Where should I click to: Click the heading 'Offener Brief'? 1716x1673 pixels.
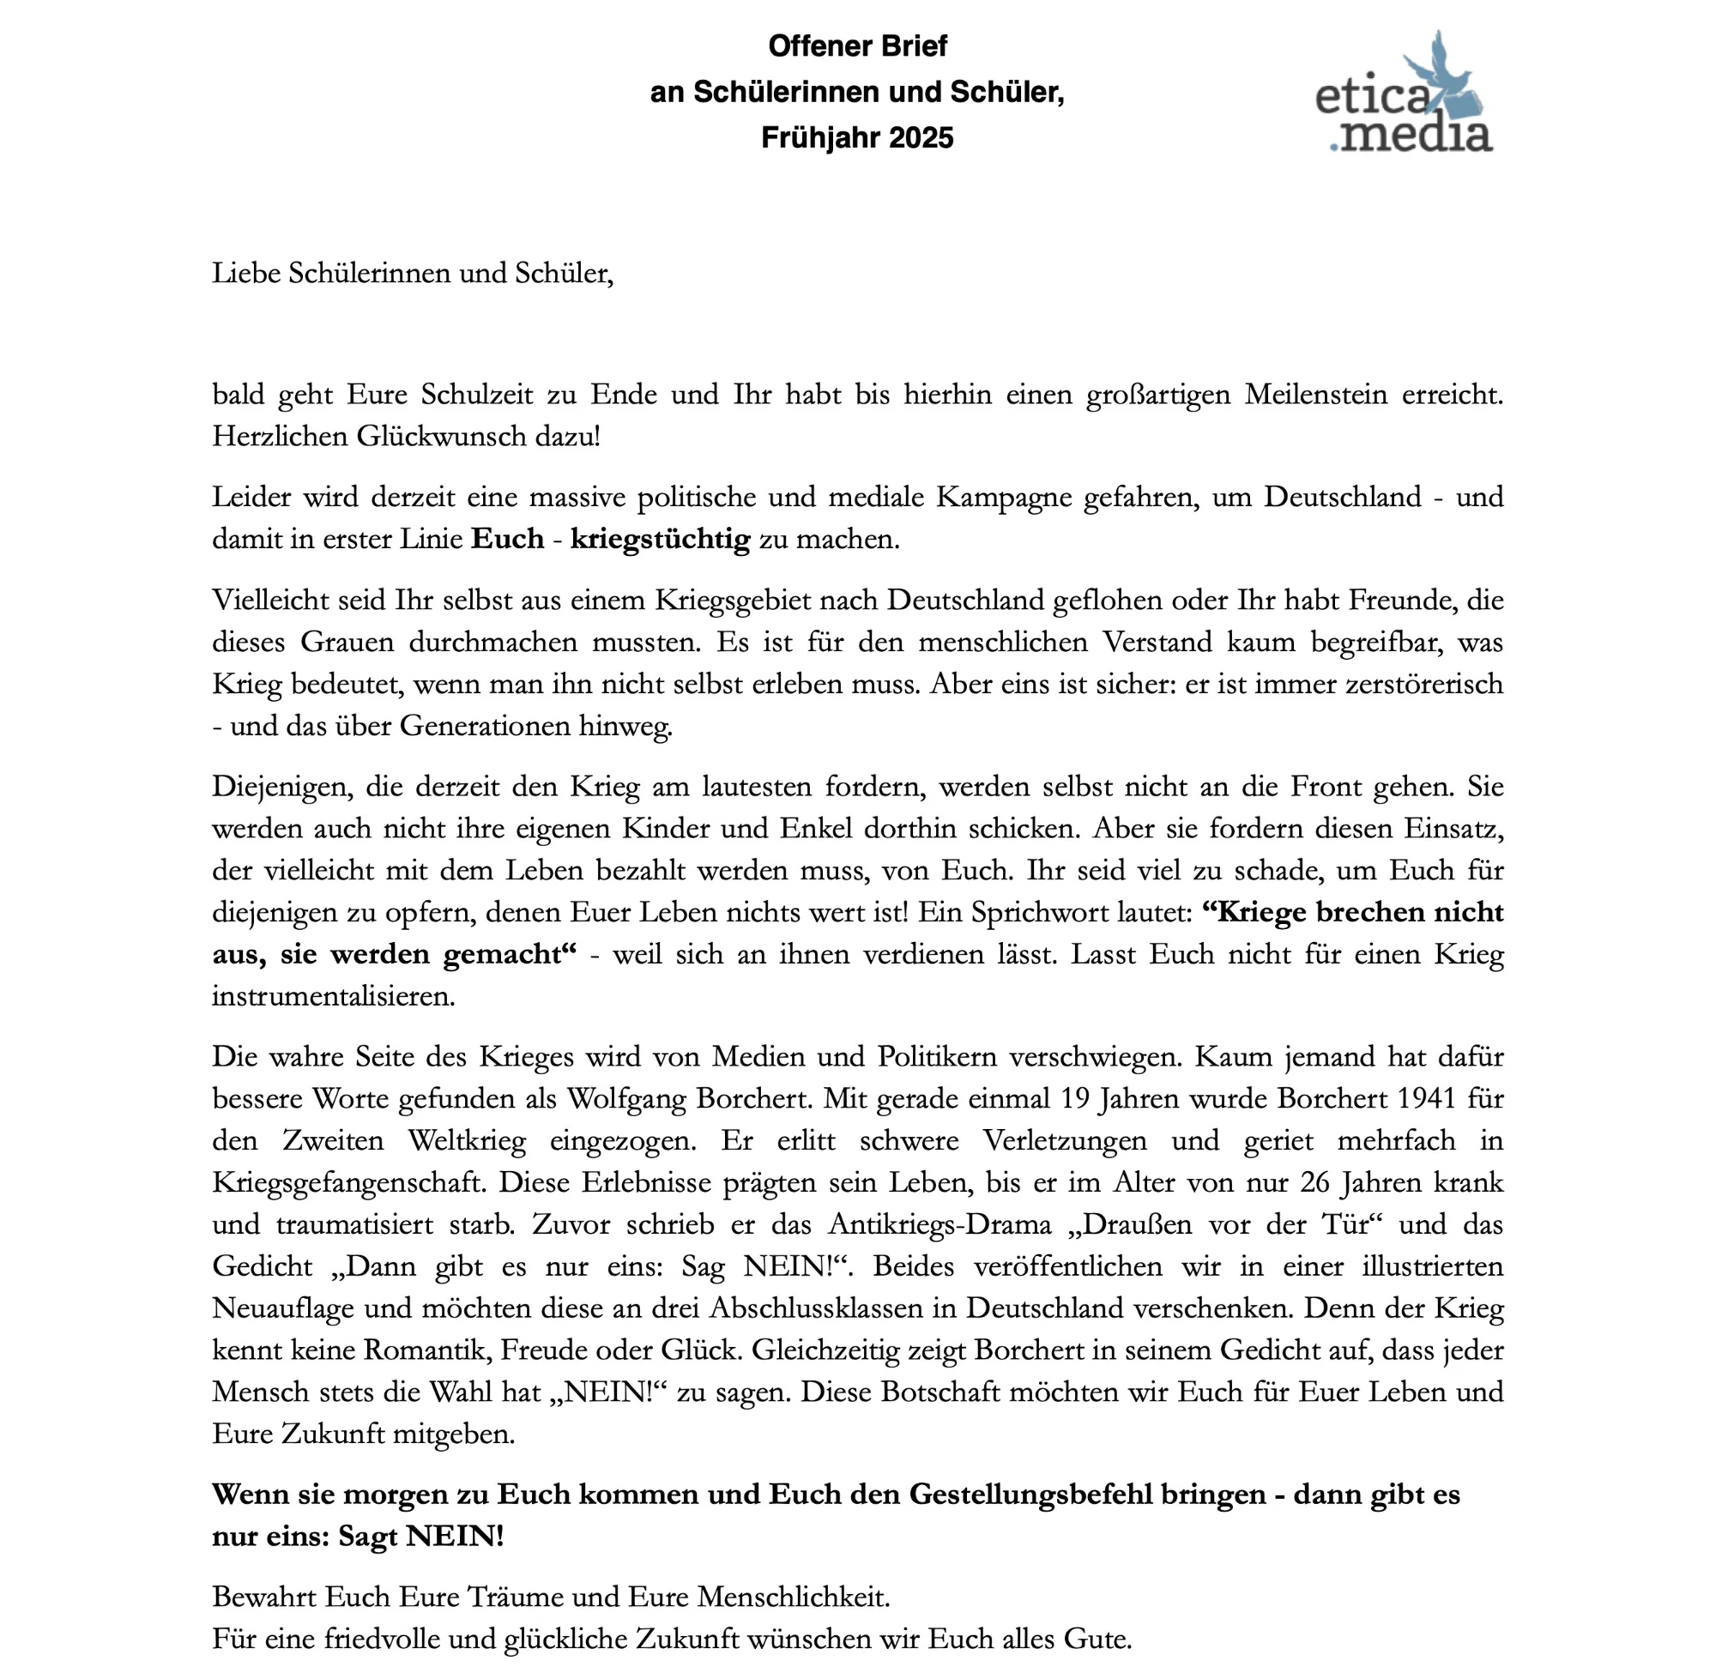(856, 45)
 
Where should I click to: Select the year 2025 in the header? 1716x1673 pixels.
(920, 138)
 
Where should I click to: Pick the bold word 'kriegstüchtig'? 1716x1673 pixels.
(660, 539)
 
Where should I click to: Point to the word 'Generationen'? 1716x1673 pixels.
(485, 726)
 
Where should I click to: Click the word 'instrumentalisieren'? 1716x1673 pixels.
(333, 996)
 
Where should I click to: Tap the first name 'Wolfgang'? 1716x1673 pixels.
(626, 1099)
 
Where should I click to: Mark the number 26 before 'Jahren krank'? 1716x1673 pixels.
(1314, 1183)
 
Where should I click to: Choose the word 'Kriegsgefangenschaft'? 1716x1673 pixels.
(348, 1183)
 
